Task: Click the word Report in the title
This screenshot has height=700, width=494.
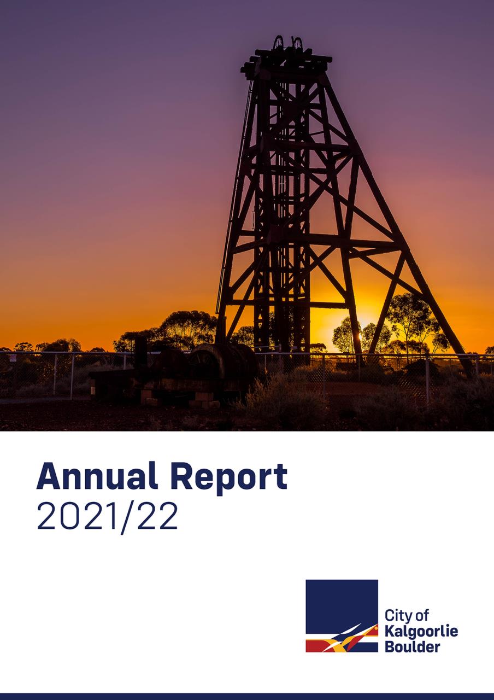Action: [229, 479]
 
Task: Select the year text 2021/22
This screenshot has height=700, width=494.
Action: [107, 517]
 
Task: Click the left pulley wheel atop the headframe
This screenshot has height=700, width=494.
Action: [278, 43]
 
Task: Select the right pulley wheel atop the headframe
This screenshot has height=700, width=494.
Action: [298, 43]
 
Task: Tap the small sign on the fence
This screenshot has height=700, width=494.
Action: [13, 358]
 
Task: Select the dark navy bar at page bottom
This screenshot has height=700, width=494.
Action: [247, 697]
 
